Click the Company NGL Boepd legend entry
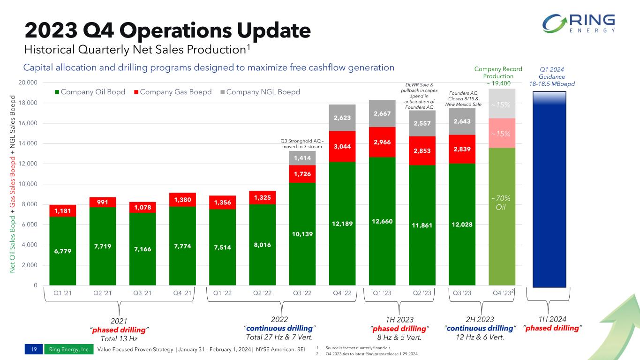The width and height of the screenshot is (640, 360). click(263, 91)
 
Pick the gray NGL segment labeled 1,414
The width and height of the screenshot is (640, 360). click(302, 158)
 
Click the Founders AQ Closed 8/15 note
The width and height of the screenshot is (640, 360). click(463, 98)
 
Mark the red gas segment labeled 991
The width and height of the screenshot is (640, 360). click(103, 202)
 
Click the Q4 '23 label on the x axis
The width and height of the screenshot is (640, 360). click(502, 293)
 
